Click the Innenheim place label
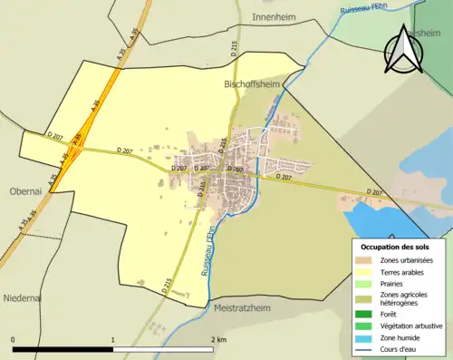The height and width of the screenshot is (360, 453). [x=275, y=17]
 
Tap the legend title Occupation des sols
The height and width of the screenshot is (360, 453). [x=395, y=247]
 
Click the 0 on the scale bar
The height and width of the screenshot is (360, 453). [x=13, y=340]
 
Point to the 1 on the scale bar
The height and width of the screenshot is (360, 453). [x=112, y=340]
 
